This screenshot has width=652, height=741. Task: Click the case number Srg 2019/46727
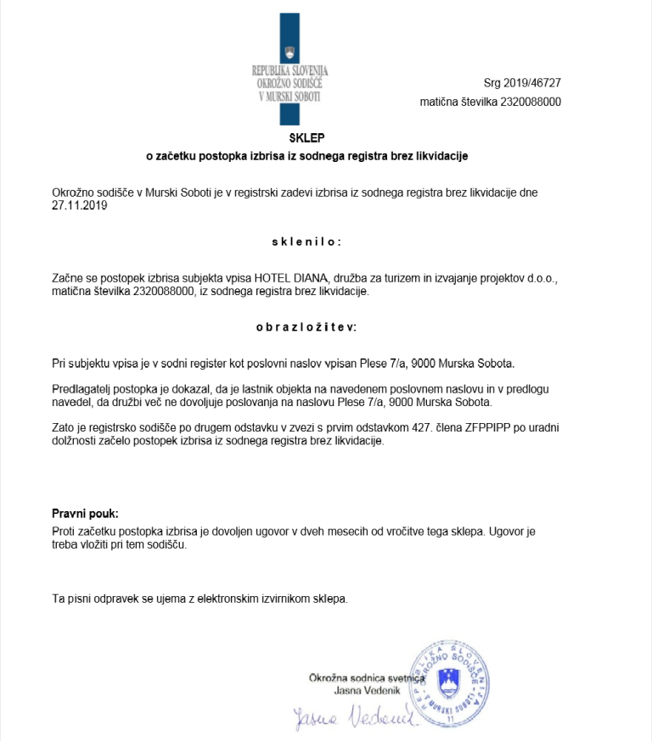point(522,83)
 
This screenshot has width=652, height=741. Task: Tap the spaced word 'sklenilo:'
point(306,242)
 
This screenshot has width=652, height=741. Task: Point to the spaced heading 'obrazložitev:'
point(306,326)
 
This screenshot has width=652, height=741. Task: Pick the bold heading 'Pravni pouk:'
point(86,514)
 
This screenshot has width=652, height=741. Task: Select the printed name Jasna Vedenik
point(368,692)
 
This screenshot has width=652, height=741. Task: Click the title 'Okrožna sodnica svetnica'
point(367,678)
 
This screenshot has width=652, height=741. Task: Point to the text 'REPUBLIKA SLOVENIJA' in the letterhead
point(289,70)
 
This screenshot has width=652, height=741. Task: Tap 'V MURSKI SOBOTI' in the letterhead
point(289,97)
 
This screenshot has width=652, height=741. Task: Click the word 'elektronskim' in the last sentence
point(220,599)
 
